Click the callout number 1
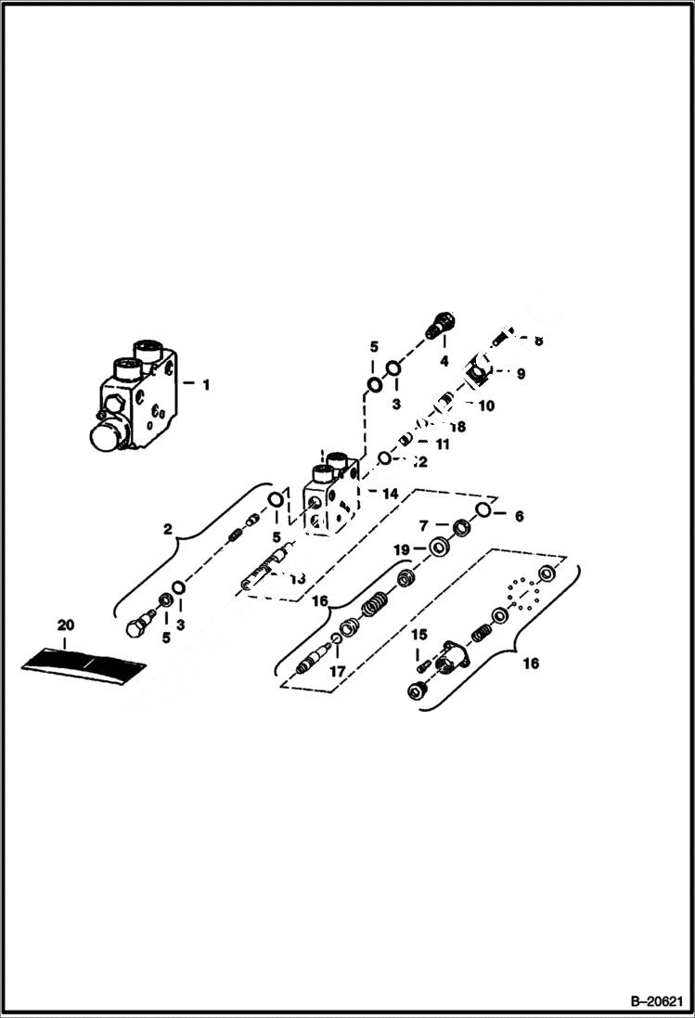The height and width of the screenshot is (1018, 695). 206,382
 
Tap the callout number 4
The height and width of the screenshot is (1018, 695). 444,360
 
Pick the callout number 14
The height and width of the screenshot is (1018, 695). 391,495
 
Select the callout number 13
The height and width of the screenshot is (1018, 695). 297,579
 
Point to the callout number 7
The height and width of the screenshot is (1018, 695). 422,526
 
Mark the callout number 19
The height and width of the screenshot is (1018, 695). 401,550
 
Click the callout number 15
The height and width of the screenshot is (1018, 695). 419,635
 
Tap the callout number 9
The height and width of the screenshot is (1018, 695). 521,374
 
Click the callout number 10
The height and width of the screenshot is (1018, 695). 485,406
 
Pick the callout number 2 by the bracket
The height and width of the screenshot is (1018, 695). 167,530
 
